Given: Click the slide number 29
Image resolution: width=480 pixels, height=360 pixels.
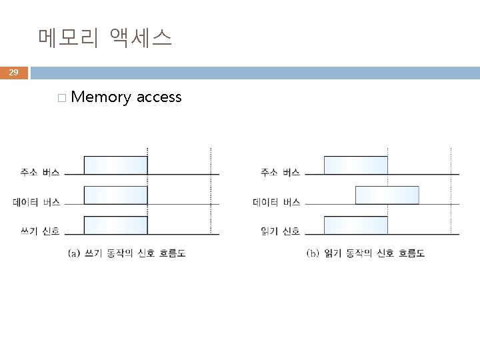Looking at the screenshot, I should pos(14,72).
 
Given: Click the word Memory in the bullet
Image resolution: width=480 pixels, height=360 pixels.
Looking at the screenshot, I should pos(101,97).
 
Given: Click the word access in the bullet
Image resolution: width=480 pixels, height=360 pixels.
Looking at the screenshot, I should pos(159,97).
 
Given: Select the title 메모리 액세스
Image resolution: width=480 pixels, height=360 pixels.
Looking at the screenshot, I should pos(105,37).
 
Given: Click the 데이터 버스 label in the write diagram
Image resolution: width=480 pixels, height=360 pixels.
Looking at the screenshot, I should pos(35,202).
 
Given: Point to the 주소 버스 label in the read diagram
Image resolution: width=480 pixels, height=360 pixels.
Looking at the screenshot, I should pos(279,173).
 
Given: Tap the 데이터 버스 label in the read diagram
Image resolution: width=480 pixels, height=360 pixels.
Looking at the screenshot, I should pos(276,202).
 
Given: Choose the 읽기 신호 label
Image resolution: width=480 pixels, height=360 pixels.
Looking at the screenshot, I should pos(279,231).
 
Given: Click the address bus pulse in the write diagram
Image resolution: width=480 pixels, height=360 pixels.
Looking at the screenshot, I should pos(115,165).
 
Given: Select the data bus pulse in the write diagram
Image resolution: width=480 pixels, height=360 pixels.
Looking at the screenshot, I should pos(115,195).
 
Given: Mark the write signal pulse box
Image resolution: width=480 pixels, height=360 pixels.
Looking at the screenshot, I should pos(115,225).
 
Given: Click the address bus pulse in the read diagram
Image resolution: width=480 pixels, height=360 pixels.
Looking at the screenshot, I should pos(355,165).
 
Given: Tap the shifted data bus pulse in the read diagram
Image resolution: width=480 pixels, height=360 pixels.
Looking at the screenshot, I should pos(387,195).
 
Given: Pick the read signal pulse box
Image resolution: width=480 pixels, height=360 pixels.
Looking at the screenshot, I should pos(355,225).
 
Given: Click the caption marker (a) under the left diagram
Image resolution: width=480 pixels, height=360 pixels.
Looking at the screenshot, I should pos(75,253).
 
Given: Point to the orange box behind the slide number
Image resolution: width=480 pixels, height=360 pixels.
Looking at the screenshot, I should pos(14,72).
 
